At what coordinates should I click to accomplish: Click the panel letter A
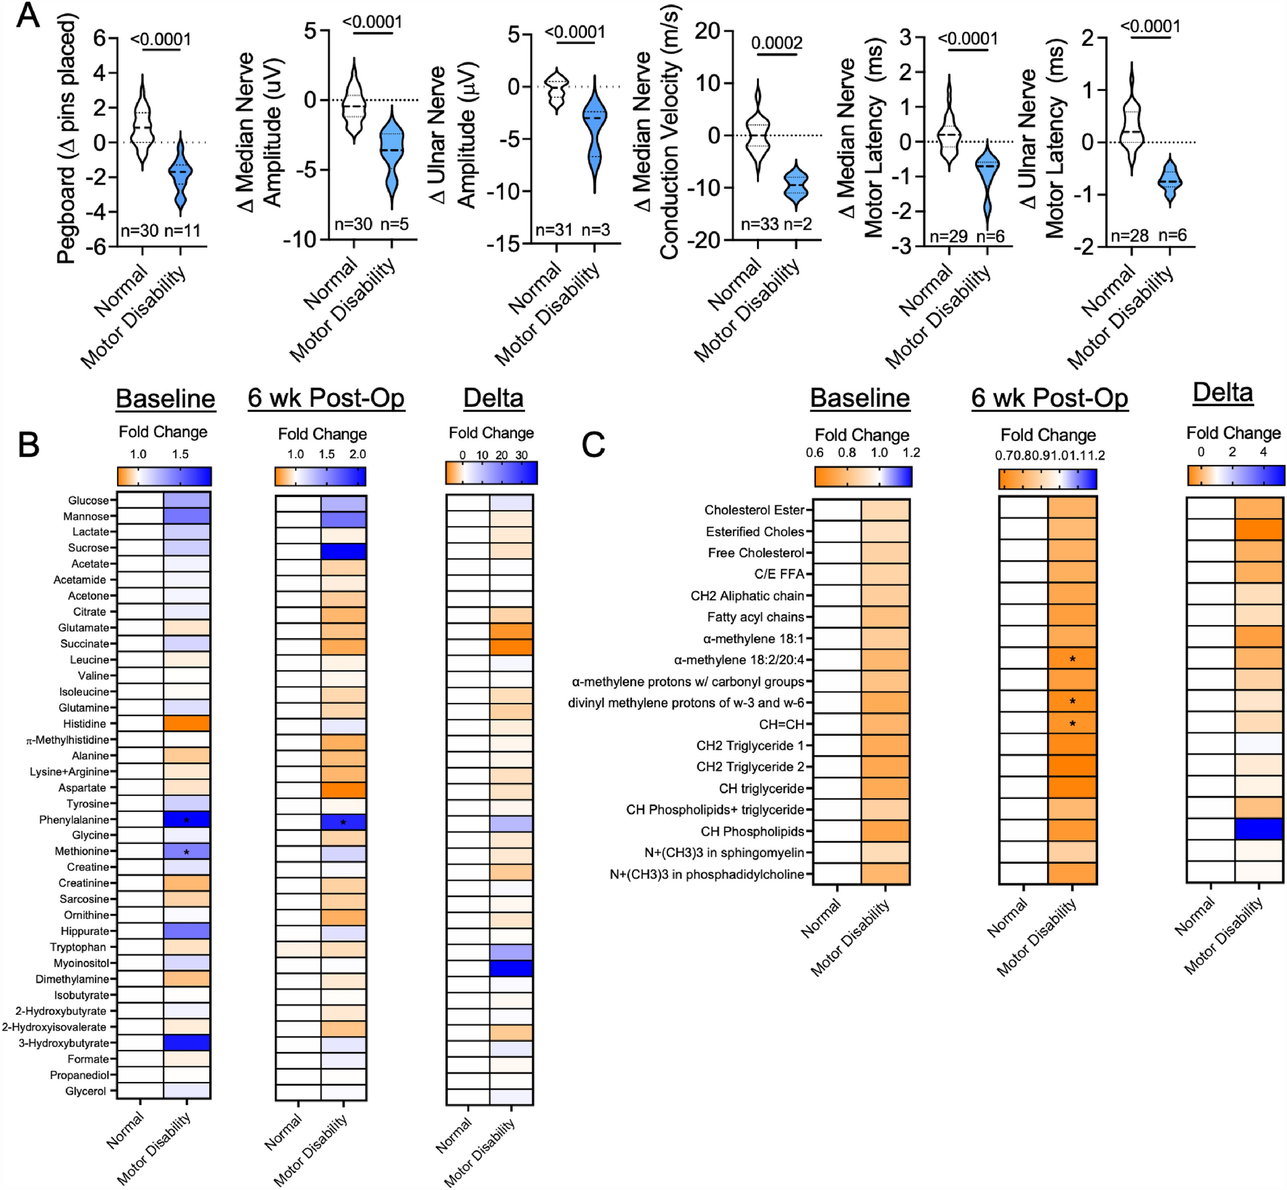[x=27, y=15]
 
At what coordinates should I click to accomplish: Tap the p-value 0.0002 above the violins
[x=776, y=43]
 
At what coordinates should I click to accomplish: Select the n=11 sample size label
[x=182, y=230]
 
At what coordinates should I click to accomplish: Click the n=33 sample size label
[x=759, y=224]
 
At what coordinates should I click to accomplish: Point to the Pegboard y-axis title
[x=66, y=140]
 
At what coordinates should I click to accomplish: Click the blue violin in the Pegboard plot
[x=181, y=174]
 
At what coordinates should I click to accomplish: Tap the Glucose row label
[x=88, y=501]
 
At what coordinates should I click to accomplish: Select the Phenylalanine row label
[x=74, y=819]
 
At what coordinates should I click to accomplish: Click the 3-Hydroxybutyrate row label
[x=64, y=1043]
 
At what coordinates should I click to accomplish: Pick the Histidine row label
[x=84, y=724]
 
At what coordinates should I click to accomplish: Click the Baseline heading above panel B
[x=165, y=398]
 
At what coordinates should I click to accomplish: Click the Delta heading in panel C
[x=1223, y=393]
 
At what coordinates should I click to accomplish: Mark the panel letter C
[x=593, y=445]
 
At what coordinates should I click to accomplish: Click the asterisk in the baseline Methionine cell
[x=187, y=852]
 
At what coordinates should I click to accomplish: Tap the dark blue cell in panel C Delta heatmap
[x=1259, y=830]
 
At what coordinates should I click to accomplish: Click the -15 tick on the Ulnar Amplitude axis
[x=503, y=243]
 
